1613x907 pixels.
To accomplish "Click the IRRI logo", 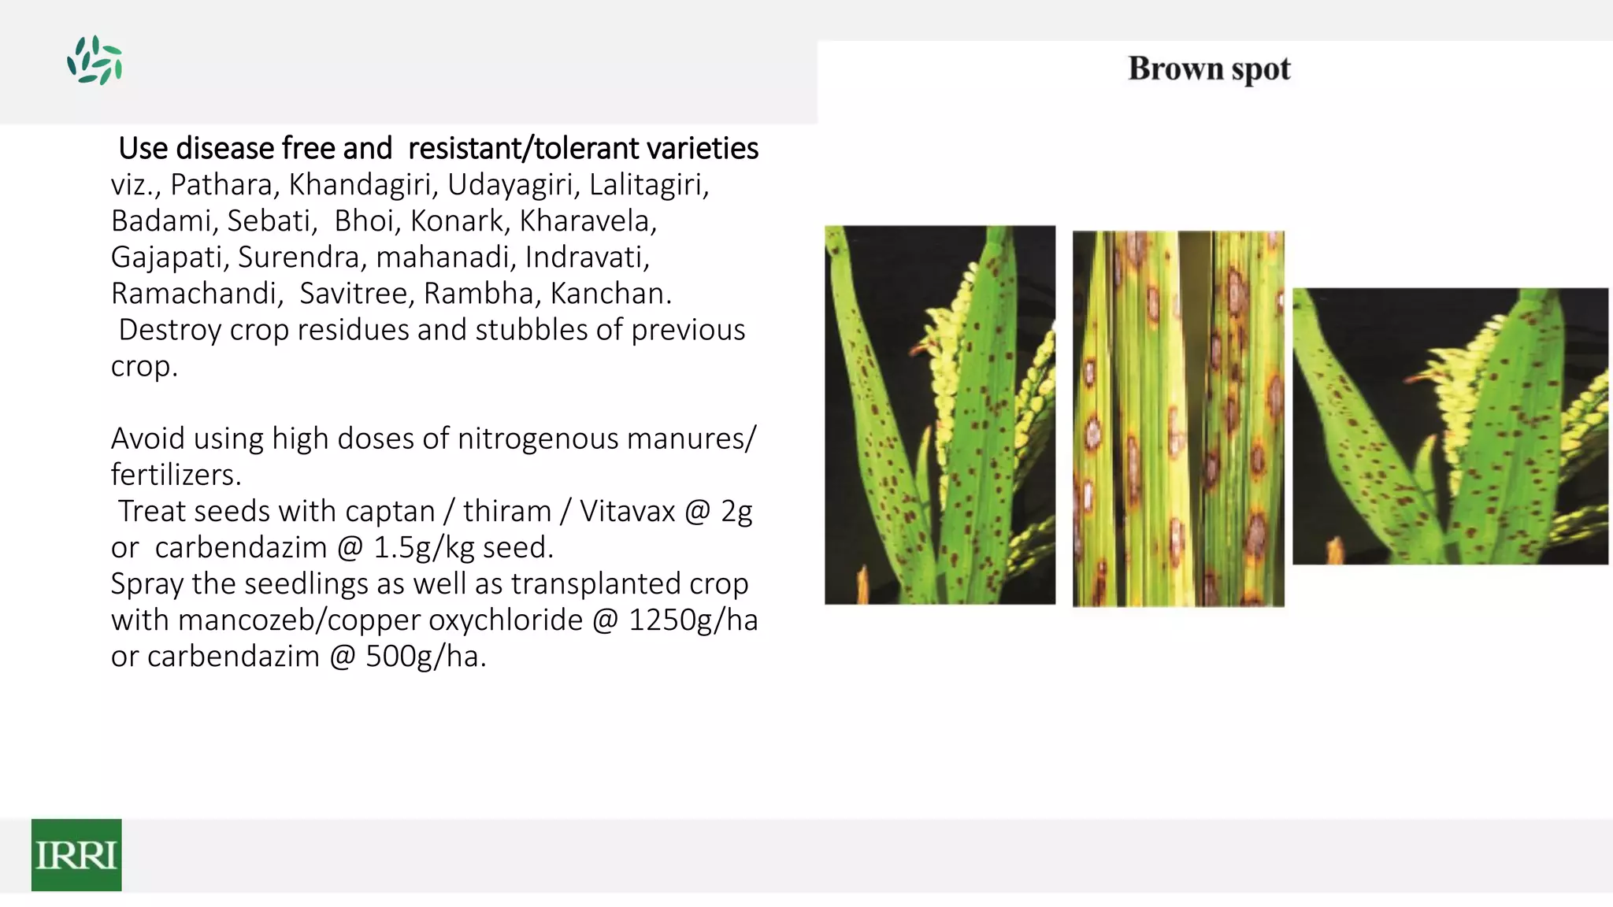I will [76, 854].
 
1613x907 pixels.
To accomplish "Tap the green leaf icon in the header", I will [95, 60].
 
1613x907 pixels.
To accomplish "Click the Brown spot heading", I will [1209, 69].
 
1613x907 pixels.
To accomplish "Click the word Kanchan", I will [610, 294].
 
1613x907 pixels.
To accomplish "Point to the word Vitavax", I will [628, 512].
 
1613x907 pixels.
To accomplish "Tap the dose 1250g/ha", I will [693, 620].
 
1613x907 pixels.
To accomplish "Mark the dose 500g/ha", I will [425, 657].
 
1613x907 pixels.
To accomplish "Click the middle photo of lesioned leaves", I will [1178, 418].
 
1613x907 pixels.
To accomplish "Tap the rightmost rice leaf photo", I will [1450, 426].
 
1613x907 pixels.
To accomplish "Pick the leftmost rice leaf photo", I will [940, 415].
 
